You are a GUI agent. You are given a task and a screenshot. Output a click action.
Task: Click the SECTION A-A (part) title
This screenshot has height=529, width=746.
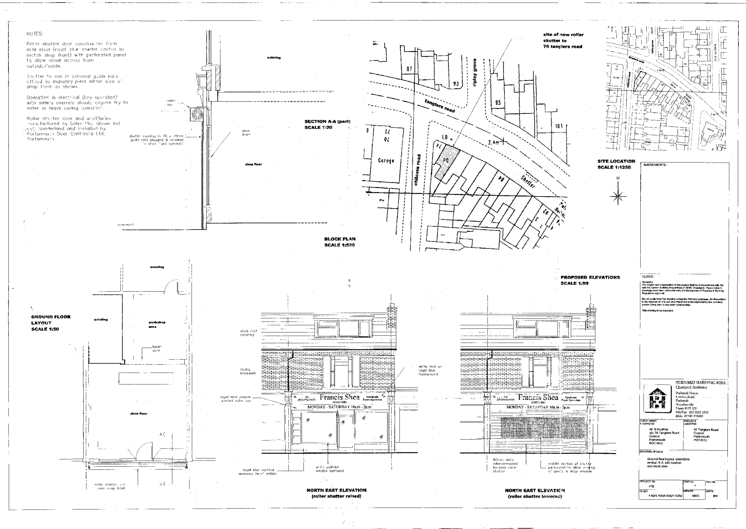327,124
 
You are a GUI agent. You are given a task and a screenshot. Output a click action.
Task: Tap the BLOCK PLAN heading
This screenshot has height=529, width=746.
340,242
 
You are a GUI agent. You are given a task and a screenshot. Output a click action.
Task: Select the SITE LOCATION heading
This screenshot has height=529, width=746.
616,164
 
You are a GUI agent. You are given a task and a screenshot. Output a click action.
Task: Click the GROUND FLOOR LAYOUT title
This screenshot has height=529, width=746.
51,323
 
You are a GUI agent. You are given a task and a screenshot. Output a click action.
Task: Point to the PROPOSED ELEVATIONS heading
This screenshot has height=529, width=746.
590,280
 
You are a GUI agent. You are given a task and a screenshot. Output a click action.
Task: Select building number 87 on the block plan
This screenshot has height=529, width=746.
409,69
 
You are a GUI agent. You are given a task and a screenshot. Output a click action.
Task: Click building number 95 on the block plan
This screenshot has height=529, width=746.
498,103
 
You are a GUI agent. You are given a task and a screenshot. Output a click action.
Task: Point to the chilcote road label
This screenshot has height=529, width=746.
418,170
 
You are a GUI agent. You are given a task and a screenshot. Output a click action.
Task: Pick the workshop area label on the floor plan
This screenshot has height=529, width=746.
157,324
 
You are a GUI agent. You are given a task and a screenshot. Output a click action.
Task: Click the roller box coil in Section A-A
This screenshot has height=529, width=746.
198,115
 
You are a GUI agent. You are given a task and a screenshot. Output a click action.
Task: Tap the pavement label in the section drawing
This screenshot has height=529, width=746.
125,225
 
